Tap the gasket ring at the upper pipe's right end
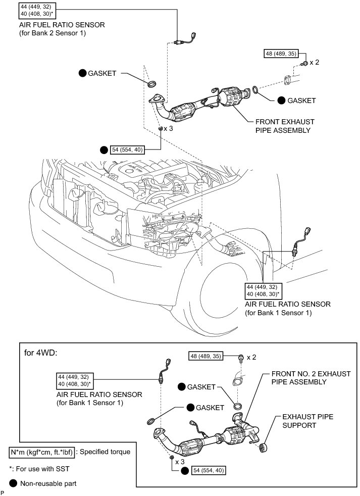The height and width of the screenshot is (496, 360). tap(256, 90)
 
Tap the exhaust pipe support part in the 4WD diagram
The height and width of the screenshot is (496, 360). tap(263, 448)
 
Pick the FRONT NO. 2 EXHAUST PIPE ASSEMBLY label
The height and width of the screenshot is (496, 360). tap(311, 378)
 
